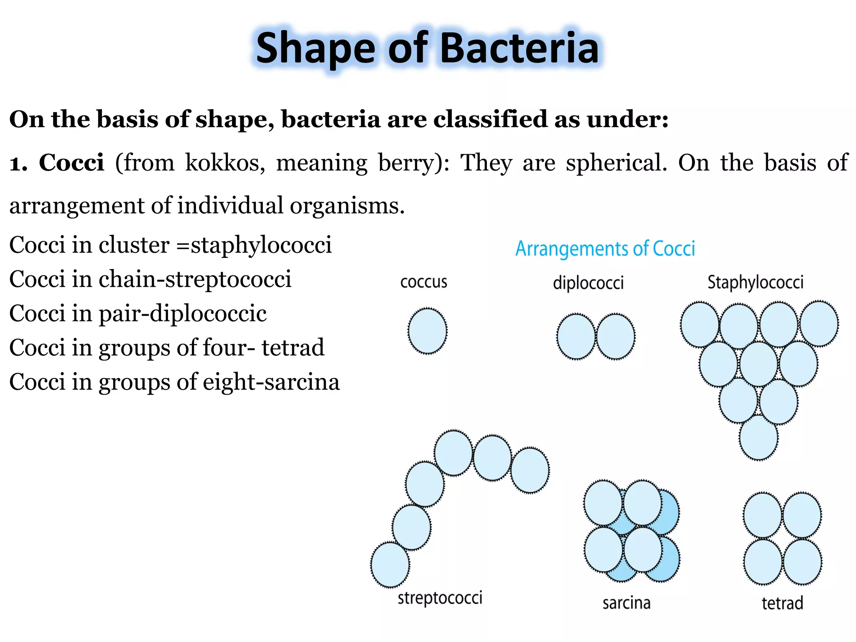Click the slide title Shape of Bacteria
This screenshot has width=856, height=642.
pyautogui.click(x=427, y=48)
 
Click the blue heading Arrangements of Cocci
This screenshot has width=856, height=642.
pyautogui.click(x=605, y=248)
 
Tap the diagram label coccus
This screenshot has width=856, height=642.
pyautogui.click(x=423, y=282)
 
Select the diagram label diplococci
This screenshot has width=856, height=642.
pyautogui.click(x=588, y=283)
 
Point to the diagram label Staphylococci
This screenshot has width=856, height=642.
pyautogui.click(x=755, y=283)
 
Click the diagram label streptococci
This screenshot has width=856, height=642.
pyautogui.click(x=440, y=598)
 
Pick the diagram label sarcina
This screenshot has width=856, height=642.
pyautogui.click(x=626, y=603)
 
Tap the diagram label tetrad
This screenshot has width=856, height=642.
pyautogui.click(x=782, y=603)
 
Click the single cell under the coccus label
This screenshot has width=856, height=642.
pyautogui.click(x=427, y=331)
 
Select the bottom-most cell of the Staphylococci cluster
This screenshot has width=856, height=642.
pyautogui.click(x=758, y=438)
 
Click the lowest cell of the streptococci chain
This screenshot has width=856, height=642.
pyautogui.click(x=390, y=565)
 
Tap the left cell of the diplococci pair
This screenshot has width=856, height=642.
pyautogui.click(x=576, y=337)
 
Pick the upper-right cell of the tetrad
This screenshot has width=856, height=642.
pyautogui.click(x=802, y=515)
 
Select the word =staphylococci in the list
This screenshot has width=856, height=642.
pyautogui.click(x=254, y=245)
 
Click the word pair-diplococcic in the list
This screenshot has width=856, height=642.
pyautogui.click(x=183, y=313)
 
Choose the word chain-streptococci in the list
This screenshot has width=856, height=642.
pyautogui.click(x=195, y=279)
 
